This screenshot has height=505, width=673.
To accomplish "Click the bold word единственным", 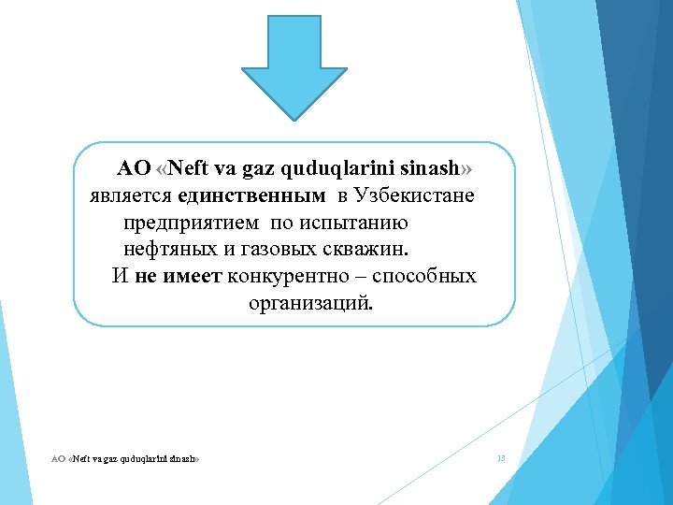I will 251,196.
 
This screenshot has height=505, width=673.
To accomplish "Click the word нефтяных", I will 165,250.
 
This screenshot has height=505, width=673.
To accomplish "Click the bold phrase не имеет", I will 178,277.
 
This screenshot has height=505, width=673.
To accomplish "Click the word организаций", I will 310,304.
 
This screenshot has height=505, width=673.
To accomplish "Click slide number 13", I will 501,458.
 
